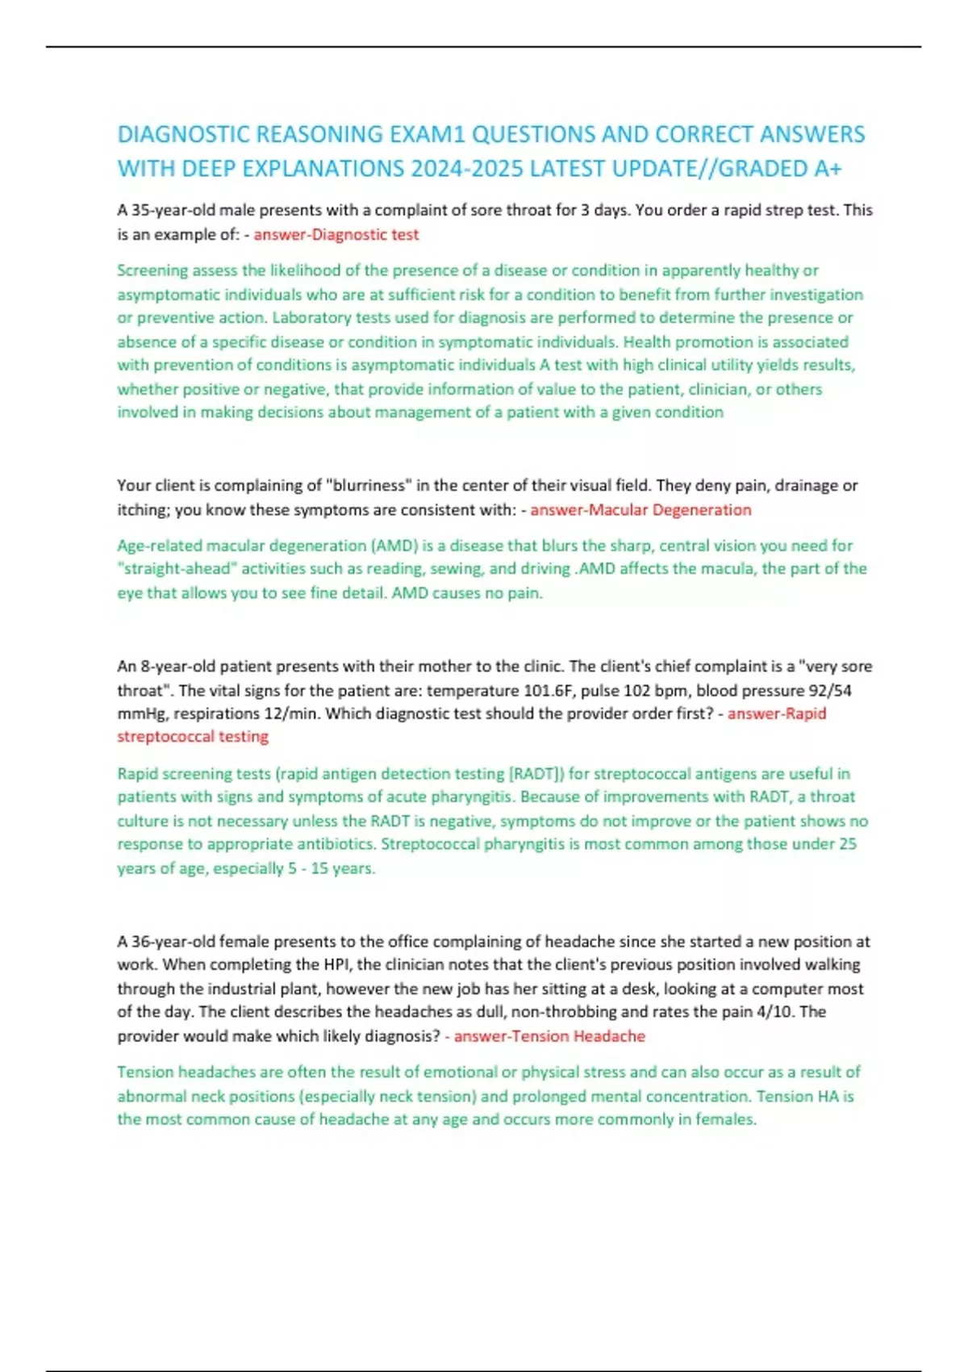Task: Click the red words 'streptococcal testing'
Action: (x=193, y=737)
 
